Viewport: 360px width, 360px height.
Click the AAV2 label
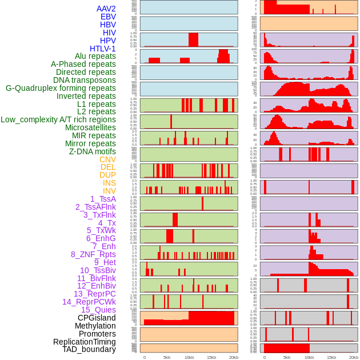pos(106,9)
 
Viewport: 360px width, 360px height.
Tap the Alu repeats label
pos(95,56)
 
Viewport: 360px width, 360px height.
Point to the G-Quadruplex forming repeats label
pos(61,88)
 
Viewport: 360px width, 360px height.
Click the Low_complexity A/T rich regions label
pos(58,119)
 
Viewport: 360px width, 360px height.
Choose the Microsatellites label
pos(90,127)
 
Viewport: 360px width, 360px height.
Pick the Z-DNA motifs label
pos(93,151)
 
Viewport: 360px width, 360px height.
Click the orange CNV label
pos(107,159)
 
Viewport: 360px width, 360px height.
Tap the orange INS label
pos(109,183)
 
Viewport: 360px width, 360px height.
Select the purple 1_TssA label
pos(103,199)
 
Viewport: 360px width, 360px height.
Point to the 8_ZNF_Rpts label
pos(93,254)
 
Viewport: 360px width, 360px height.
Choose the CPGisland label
pos(97,318)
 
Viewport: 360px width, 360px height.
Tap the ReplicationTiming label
pos(85,342)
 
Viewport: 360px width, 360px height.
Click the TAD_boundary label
pos(89,349)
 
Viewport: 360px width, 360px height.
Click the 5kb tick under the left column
pos(167,357)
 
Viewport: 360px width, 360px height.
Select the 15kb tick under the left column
pos(211,357)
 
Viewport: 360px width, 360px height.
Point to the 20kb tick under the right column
pos(354,357)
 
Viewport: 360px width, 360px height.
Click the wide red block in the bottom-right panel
pos(287,348)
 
